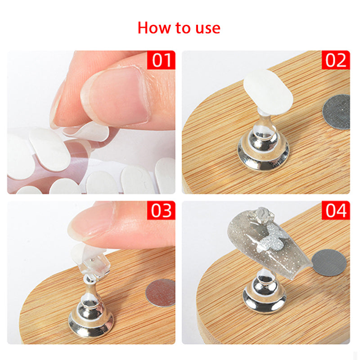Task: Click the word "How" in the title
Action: click(155, 28)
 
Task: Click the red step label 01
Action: click(161, 60)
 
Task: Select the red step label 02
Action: click(336, 60)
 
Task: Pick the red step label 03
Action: click(161, 210)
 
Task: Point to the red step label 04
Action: click(336, 210)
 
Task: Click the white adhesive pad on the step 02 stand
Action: click(268, 92)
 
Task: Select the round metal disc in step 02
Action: click(337, 112)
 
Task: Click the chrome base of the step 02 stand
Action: click(263, 149)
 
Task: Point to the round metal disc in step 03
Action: click(161, 293)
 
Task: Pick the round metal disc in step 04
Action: click(329, 262)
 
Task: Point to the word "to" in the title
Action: click(183, 28)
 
